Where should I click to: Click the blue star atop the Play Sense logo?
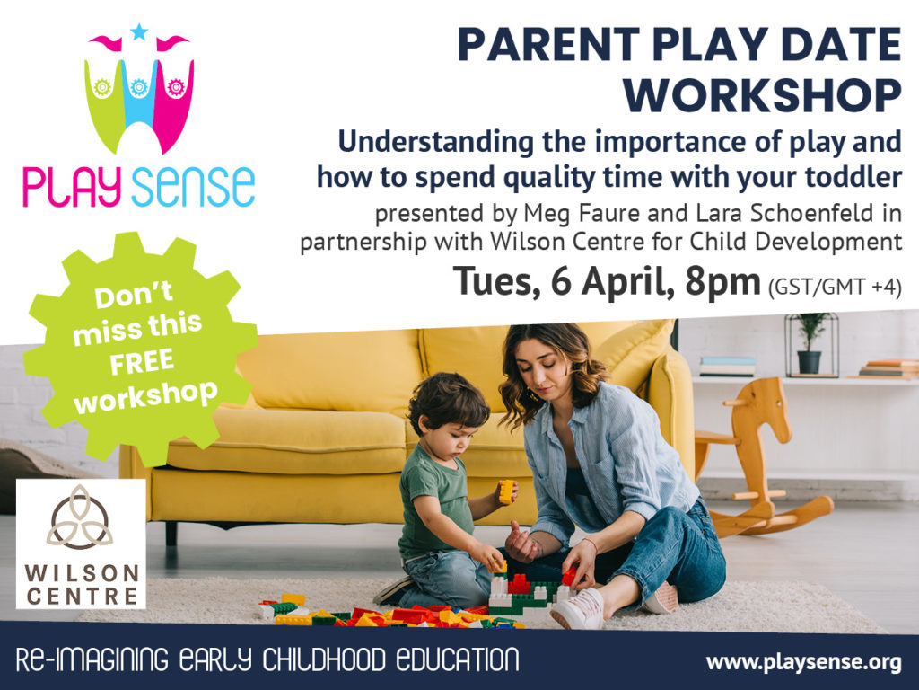(x=139, y=31)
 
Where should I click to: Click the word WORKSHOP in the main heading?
(x=762, y=95)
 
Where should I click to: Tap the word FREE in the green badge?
(x=142, y=362)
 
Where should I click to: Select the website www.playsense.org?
(x=803, y=662)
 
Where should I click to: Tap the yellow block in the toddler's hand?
(x=506, y=491)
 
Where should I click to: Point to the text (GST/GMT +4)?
(x=835, y=287)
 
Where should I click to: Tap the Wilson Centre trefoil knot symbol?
(x=80, y=517)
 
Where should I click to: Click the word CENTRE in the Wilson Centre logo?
(x=82, y=597)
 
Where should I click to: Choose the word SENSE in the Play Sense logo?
(x=193, y=187)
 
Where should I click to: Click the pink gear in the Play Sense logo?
(x=175, y=87)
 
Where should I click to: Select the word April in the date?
(x=627, y=283)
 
